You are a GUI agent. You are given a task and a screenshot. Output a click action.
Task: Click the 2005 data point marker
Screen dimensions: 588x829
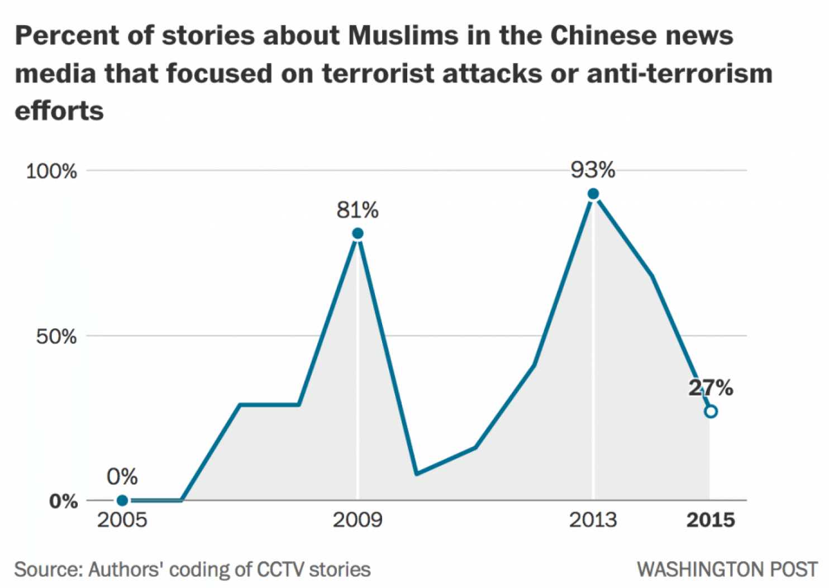[x=122, y=500]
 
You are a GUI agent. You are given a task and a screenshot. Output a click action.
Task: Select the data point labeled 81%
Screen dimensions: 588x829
[x=358, y=233]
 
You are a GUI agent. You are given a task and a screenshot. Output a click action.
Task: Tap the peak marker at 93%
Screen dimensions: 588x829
[x=593, y=194]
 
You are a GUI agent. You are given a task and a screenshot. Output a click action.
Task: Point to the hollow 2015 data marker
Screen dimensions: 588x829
[x=711, y=412]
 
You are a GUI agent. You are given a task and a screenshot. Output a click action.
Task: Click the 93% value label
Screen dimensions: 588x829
[x=593, y=170]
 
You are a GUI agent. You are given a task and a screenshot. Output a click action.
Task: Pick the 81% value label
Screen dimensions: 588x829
[x=358, y=211]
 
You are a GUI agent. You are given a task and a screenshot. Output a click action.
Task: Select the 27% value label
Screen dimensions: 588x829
[x=711, y=388]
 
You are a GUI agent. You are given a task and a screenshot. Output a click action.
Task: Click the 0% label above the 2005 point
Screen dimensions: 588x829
[x=122, y=477]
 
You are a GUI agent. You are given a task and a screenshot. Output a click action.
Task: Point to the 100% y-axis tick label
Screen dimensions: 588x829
[x=51, y=171]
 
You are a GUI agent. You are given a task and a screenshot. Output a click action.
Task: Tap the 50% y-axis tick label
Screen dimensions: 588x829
[x=56, y=337]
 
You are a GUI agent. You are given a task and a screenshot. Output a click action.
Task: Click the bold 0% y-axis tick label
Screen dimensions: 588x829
[x=63, y=501]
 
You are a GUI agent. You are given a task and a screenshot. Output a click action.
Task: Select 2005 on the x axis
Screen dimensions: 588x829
[x=122, y=520]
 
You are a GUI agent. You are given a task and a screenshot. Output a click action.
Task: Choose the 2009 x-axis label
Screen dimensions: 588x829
[x=358, y=520]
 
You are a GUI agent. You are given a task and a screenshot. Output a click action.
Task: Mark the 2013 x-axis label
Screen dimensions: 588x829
[x=593, y=520]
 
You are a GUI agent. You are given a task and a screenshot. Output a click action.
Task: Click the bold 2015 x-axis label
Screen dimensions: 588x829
[x=711, y=520]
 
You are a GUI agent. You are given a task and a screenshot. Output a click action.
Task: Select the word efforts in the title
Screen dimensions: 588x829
[x=59, y=111]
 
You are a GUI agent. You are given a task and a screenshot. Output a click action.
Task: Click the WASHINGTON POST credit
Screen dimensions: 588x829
[x=727, y=570]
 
